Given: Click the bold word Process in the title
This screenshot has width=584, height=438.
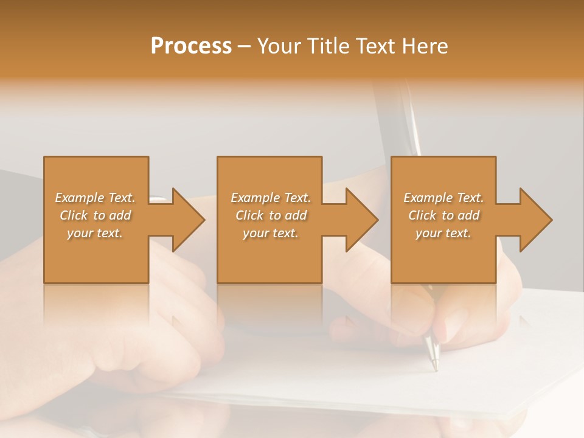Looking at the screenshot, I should coord(191,46).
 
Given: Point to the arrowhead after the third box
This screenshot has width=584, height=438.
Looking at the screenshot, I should coord(535,220).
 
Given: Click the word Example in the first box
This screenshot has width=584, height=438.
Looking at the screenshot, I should coord(79,198).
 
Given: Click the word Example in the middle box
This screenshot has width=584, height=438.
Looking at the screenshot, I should coord(255,198).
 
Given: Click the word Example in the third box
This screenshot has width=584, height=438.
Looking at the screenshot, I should coord(428,198).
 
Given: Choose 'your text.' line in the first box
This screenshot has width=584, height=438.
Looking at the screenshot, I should coord(95,233).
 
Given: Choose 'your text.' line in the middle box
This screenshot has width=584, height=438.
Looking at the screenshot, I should coord(271,233).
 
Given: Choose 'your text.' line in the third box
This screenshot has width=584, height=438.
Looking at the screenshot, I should coord(443,233).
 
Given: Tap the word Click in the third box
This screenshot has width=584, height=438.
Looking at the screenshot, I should coord(422,215).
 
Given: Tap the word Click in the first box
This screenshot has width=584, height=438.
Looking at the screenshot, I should coord(74,215).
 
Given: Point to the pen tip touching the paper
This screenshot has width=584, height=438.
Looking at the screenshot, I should coord(434,368).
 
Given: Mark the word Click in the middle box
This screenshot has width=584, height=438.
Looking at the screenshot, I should coord(249,215).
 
